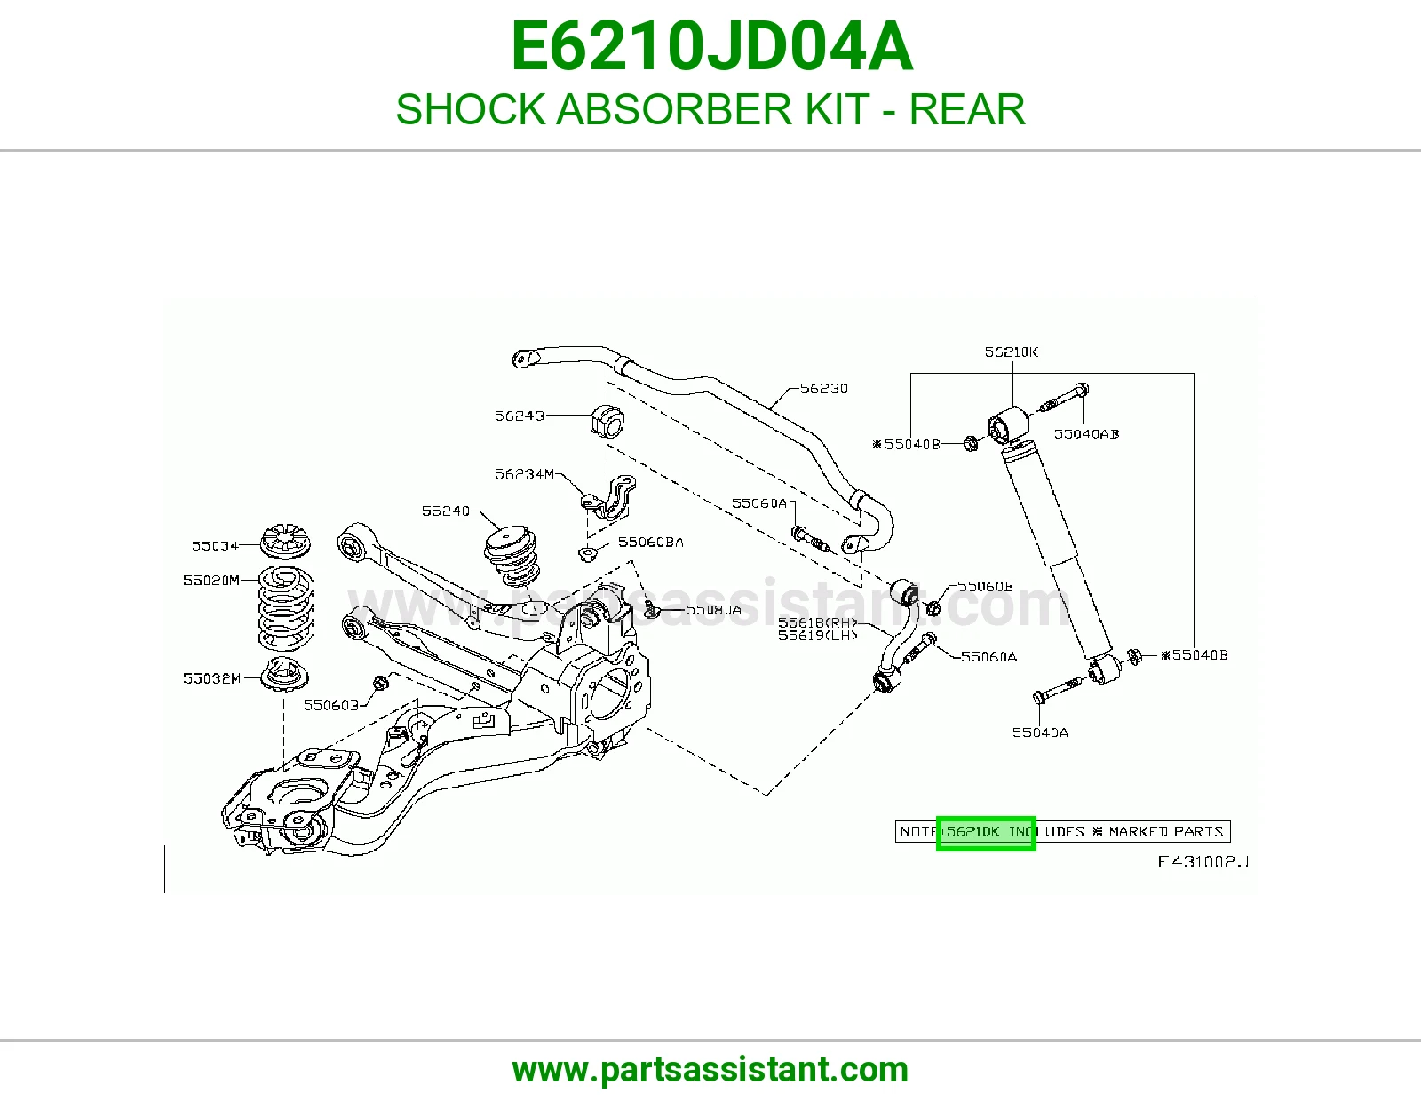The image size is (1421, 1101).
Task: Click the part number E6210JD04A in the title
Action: pyautogui.click(x=710, y=47)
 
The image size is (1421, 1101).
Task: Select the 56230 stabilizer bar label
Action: pyautogui.click(x=824, y=389)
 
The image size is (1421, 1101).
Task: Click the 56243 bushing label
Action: pyautogui.click(x=520, y=416)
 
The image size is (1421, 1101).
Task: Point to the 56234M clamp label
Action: pyautogui.click(x=525, y=474)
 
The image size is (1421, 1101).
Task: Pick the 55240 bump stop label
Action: pyautogui.click(x=446, y=511)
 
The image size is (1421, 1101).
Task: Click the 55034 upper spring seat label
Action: pyautogui.click(x=215, y=545)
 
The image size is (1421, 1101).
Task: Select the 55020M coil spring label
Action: pyautogui.click(x=211, y=580)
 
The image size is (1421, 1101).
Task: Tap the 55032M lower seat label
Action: pyautogui.click(x=212, y=678)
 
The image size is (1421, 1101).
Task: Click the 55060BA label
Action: pyautogui.click(x=651, y=542)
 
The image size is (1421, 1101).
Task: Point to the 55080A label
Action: pyautogui.click(x=713, y=610)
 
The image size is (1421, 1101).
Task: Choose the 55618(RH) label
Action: pyautogui.click(x=817, y=622)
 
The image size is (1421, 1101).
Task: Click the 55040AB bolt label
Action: pyautogui.click(x=1087, y=434)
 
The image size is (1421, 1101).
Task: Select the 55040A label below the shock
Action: pyautogui.click(x=1040, y=733)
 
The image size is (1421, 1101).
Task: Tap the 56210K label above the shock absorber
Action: pyautogui.click(x=1012, y=352)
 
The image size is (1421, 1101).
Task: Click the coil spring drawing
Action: pyautogui.click(x=286, y=609)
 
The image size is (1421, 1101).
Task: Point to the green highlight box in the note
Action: pyautogui.click(x=986, y=834)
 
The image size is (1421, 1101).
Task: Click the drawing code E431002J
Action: pyautogui.click(x=1203, y=862)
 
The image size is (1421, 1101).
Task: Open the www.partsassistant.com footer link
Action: pyautogui.click(x=710, y=1070)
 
